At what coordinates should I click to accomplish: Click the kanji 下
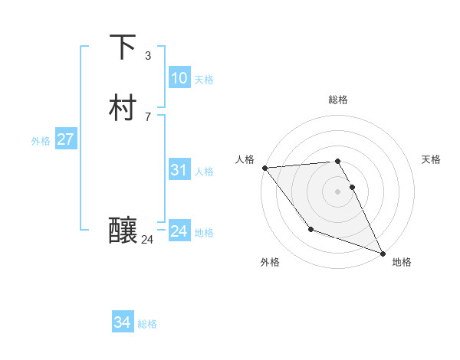123,47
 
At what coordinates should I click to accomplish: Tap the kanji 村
123,108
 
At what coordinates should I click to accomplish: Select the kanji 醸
123,230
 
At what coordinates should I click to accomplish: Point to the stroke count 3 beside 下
147,56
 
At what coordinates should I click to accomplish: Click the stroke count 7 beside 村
147,116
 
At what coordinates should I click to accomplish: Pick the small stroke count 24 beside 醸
147,240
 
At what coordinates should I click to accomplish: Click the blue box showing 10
179,78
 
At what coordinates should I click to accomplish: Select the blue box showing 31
179,170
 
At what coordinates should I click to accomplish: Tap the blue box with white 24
179,231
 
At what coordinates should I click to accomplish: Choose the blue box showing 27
65,139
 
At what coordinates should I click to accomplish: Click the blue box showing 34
122,323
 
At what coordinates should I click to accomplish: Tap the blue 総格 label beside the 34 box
147,324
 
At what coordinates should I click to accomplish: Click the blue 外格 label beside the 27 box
41,140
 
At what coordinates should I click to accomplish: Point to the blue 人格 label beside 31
204,171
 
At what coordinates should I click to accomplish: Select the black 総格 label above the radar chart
338,100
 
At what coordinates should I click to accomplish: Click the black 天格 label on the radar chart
431,159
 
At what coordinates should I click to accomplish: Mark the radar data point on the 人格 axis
264,168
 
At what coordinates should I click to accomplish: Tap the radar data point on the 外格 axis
310,229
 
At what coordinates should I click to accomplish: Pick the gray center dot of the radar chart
338,191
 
